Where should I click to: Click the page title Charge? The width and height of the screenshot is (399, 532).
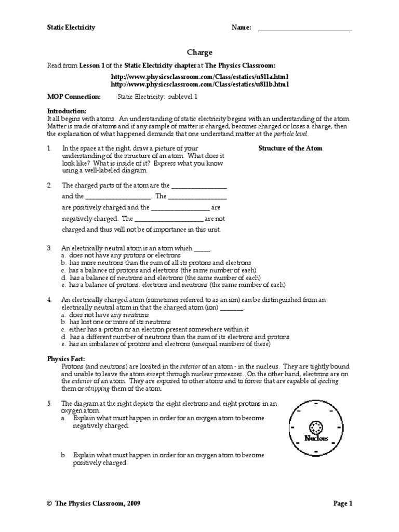(199, 52)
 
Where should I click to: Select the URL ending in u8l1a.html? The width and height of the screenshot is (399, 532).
(199, 76)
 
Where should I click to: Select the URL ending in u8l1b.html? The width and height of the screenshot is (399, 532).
(199, 84)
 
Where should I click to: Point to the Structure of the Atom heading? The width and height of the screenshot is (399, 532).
(290, 149)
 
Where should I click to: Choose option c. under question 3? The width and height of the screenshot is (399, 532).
(63, 271)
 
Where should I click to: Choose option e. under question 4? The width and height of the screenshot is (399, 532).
(63, 344)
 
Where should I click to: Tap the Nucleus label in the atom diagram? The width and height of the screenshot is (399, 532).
(315, 439)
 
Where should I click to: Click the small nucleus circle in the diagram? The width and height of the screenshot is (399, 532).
(315, 428)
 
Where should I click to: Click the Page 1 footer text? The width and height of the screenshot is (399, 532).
(342, 503)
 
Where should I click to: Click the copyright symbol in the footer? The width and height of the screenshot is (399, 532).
(49, 503)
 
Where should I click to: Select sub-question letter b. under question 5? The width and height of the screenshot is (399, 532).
(63, 455)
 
